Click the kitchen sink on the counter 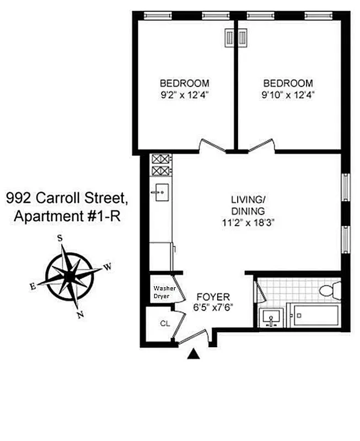(x=162, y=193)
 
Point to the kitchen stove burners (x=162, y=164)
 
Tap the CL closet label (x=165, y=324)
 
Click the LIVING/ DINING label (x=249, y=205)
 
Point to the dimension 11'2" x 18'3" (x=249, y=223)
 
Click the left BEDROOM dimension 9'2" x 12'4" (x=184, y=94)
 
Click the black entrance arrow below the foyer (x=193, y=354)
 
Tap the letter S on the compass (x=60, y=239)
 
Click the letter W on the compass (x=108, y=267)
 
